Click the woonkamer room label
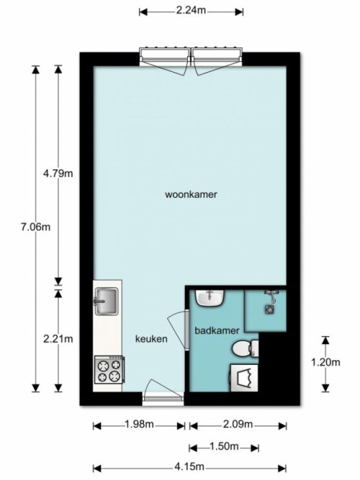click(191, 194)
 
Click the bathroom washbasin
click(212, 298)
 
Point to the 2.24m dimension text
click(189, 12)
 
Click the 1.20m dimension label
click(325, 363)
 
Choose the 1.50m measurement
click(225, 446)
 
